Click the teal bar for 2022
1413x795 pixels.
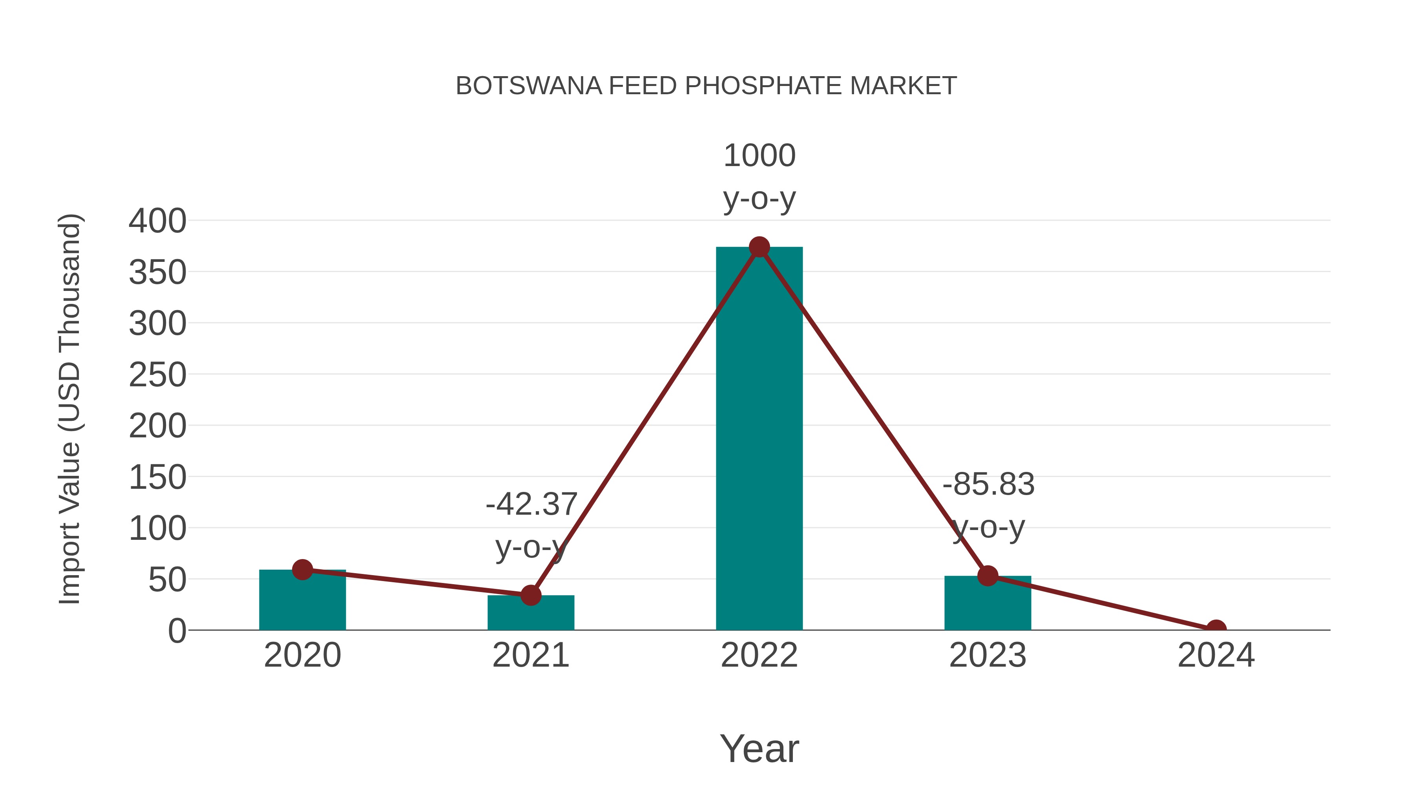759,439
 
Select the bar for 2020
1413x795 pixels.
302,600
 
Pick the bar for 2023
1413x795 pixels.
988,603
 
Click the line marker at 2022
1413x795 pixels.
759,247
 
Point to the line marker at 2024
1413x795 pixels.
1216,629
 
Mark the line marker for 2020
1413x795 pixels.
302,570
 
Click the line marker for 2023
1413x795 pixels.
988,576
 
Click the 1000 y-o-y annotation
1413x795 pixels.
759,177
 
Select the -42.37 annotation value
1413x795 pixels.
531,504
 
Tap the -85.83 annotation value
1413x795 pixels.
988,484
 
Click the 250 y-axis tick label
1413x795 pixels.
157,375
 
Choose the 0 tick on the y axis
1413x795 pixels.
177,631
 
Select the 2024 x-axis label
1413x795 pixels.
1216,656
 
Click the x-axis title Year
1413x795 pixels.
759,749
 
